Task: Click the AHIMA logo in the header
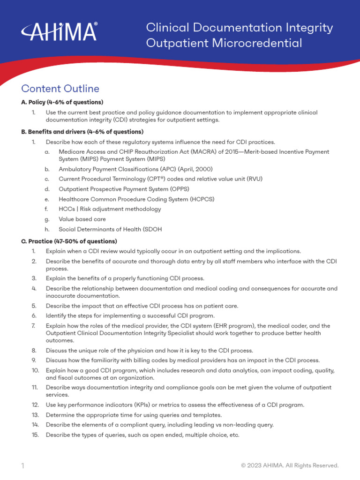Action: [x=59, y=32]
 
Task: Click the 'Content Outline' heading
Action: [x=60, y=89]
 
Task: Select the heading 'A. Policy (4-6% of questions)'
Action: [x=62, y=102]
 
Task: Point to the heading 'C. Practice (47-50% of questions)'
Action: [x=69, y=241]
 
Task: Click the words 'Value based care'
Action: [x=82, y=219]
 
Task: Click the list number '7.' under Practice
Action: [x=34, y=326]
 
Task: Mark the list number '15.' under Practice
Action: [x=35, y=435]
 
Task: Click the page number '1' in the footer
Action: [x=22, y=465]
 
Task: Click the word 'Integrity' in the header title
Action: [x=311, y=28]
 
